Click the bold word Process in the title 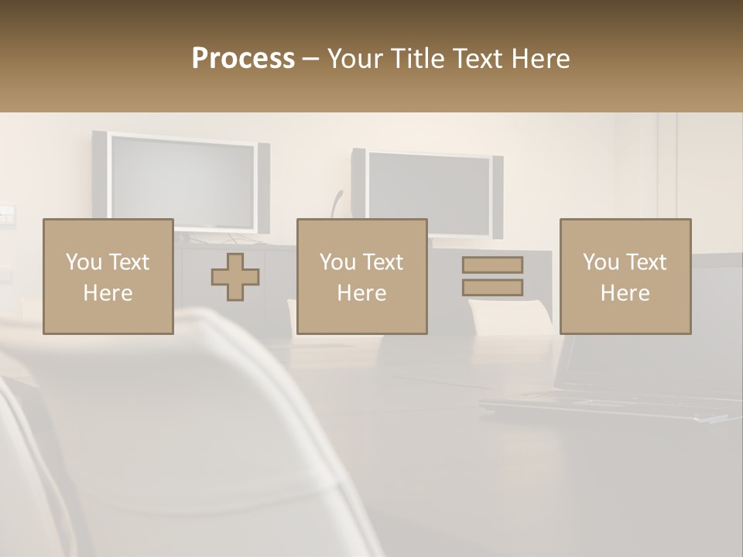[243, 59]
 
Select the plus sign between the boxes [235, 277]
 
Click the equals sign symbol [492, 276]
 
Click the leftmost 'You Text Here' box [108, 276]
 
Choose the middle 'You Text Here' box [361, 276]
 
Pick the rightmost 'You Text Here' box [625, 276]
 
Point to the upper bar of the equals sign [492, 265]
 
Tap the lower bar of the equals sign [492, 288]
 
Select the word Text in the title [475, 59]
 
